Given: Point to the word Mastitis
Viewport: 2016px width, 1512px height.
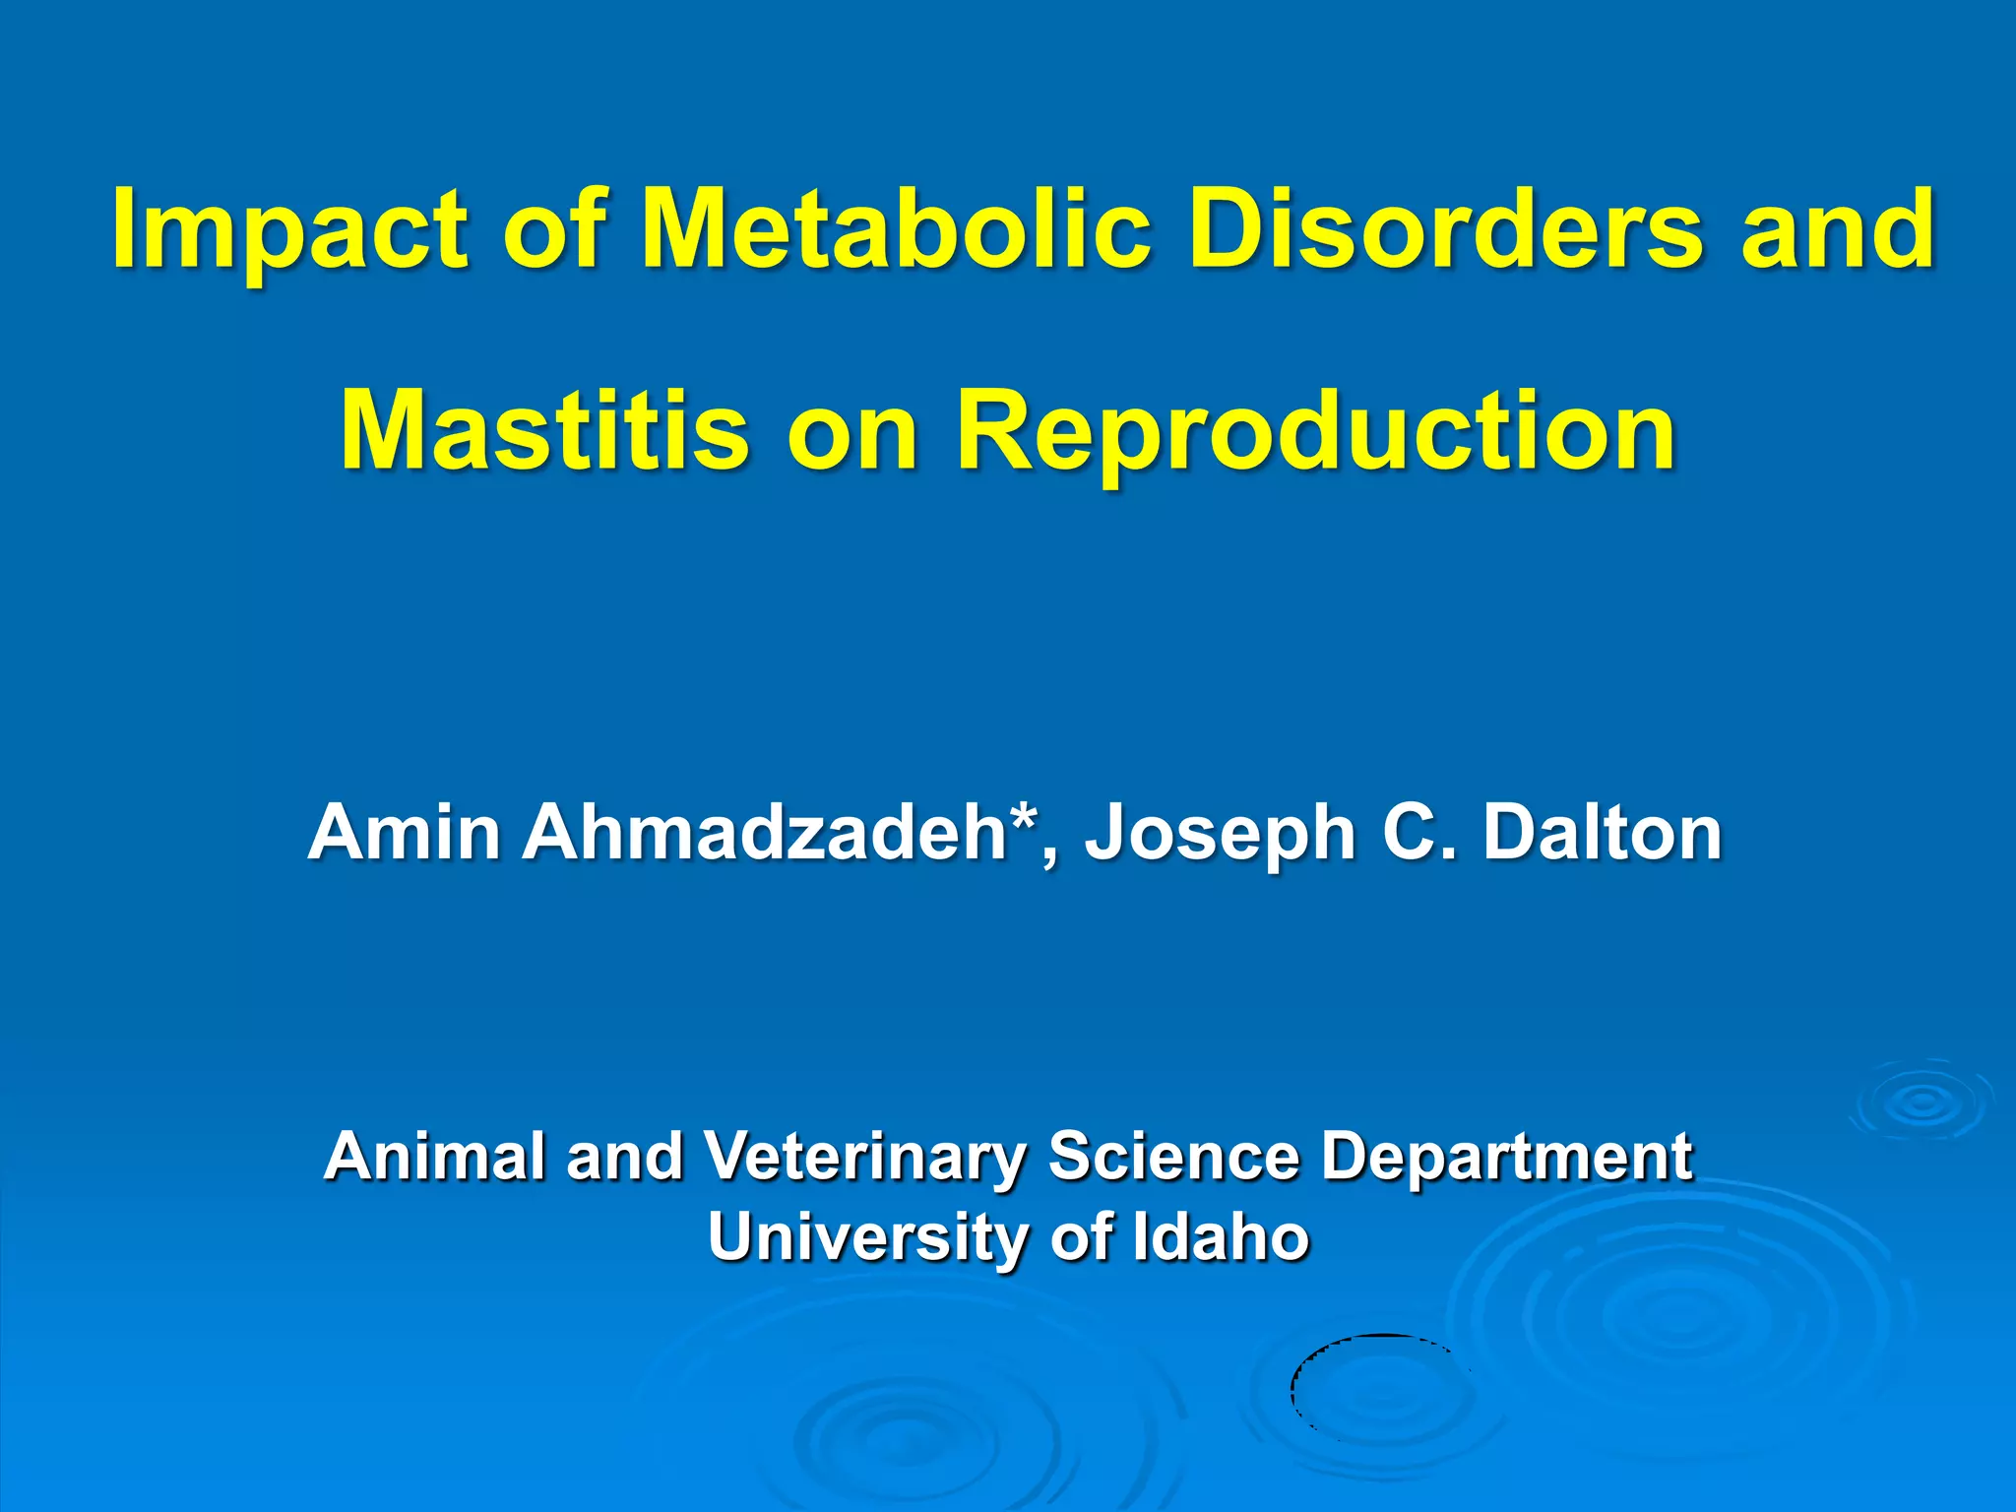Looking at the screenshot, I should pos(544,431).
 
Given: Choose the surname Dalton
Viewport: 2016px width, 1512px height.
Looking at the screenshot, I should pos(1603,833).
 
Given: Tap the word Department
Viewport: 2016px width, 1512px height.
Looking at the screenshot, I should pos(1506,1157).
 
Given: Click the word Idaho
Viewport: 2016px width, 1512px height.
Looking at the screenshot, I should pos(1221,1236).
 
